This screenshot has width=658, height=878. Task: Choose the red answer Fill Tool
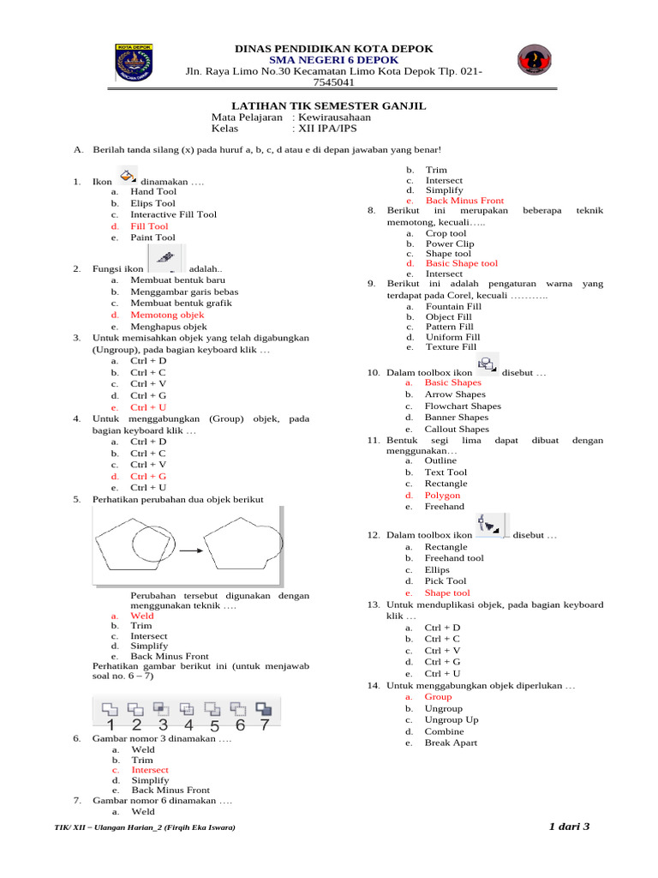(149, 226)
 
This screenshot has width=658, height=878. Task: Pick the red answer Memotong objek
(167, 316)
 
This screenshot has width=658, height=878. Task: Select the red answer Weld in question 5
(142, 616)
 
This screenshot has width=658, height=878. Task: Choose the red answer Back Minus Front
(464, 201)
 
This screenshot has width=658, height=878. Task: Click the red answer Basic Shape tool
(461, 263)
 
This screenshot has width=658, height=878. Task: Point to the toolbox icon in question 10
(487, 364)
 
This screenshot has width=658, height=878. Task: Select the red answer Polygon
(442, 496)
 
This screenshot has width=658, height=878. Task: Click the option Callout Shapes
(457, 429)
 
